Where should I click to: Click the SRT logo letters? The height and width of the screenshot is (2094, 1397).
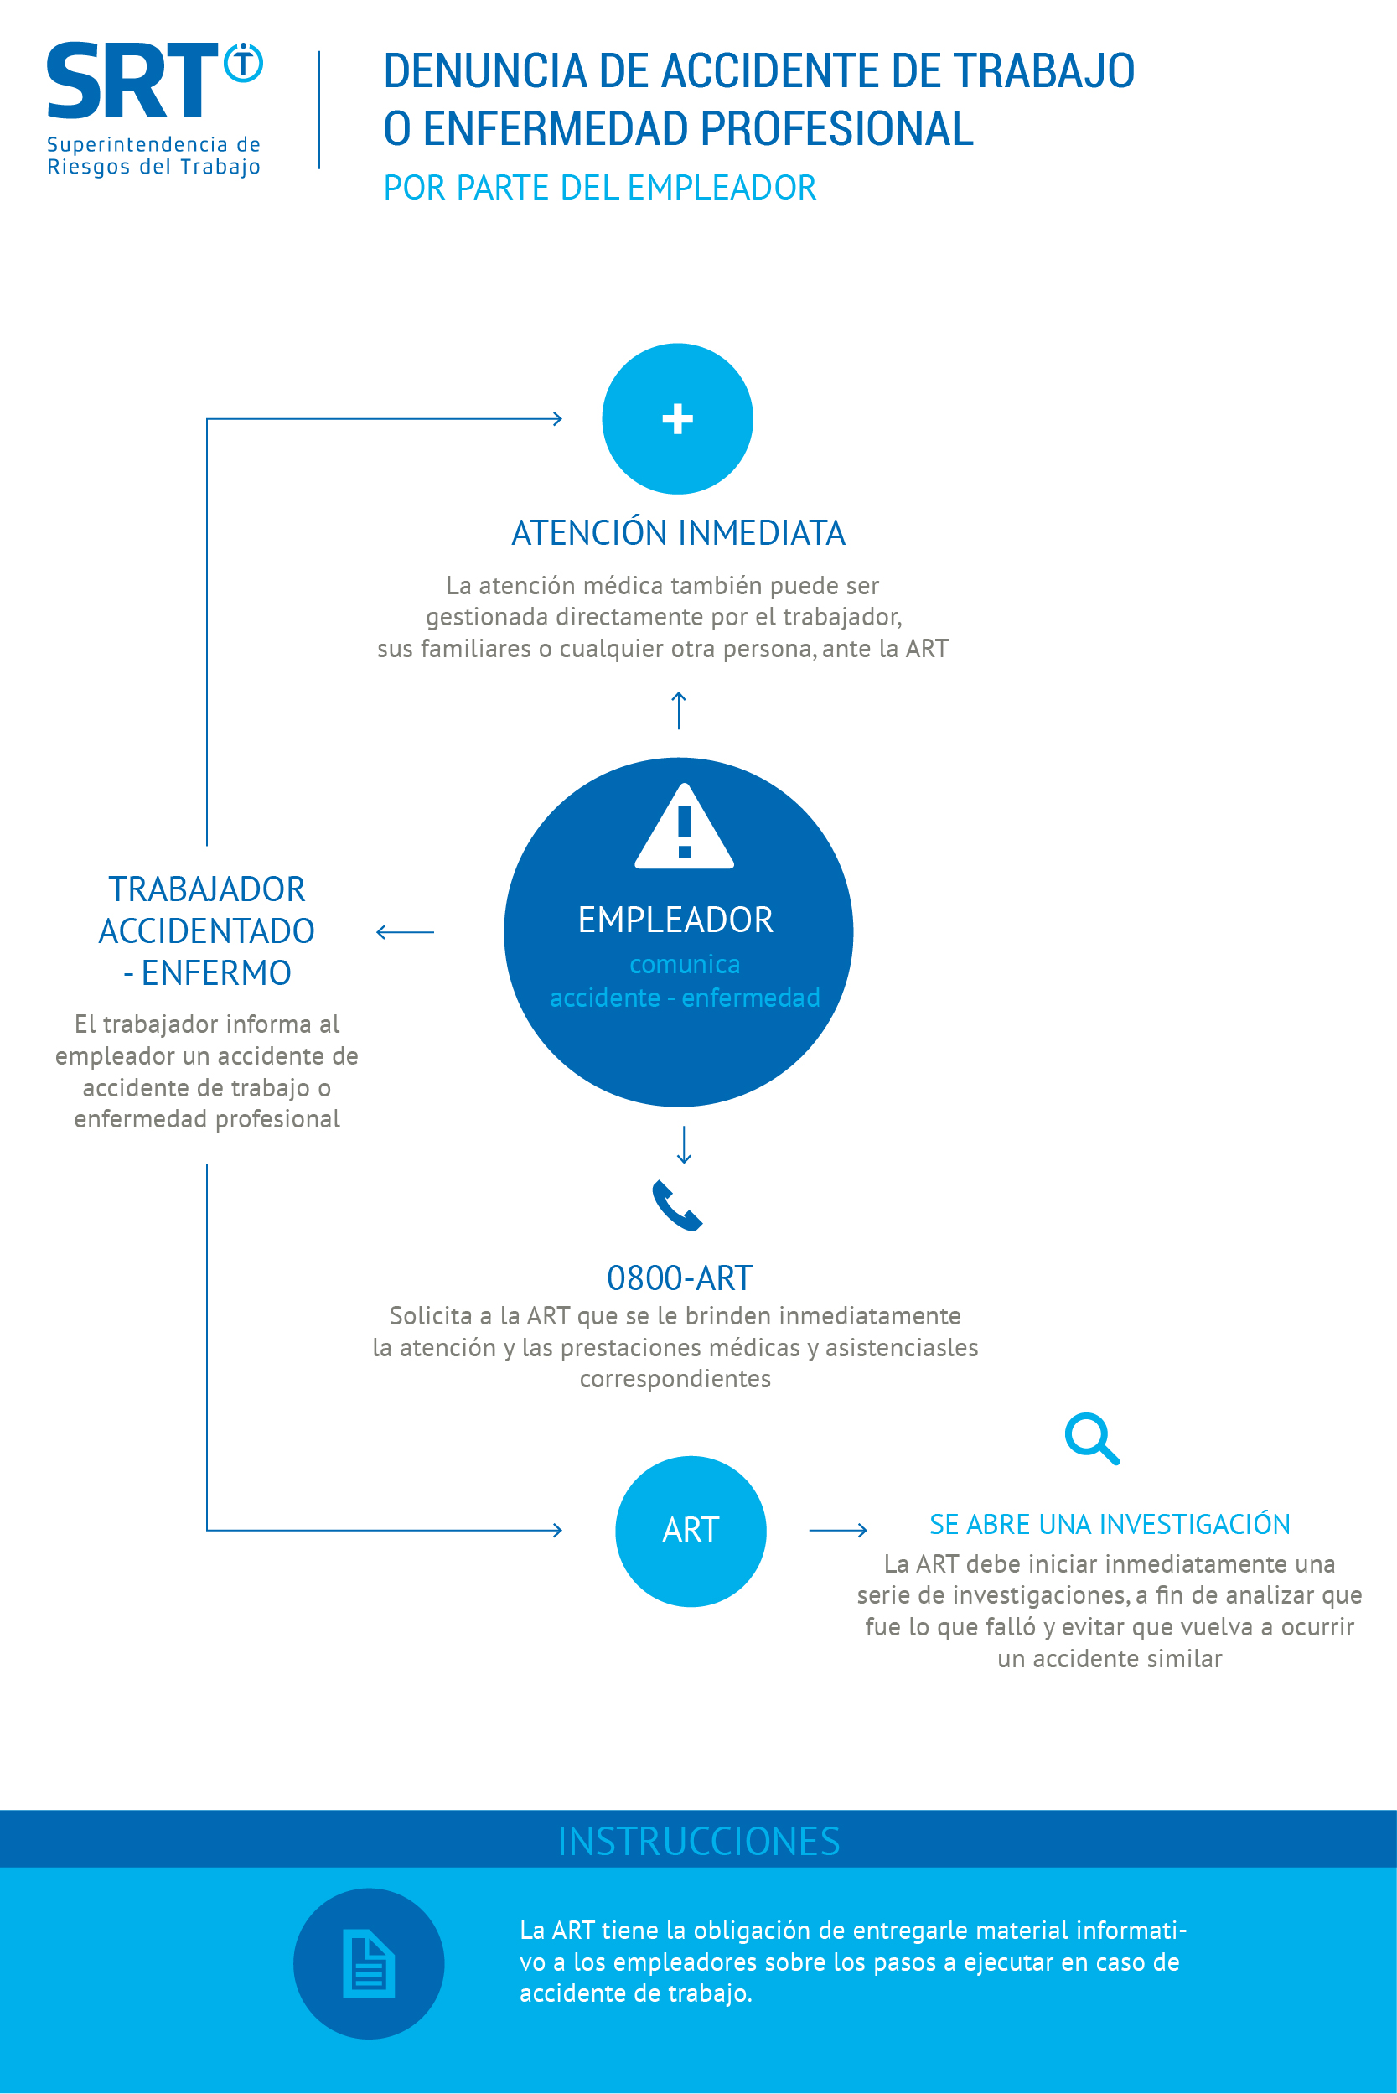pyautogui.click(x=132, y=80)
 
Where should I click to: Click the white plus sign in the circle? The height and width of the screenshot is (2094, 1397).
pyautogui.click(x=678, y=419)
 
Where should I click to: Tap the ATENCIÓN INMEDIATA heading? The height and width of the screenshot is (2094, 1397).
pyautogui.click(x=678, y=533)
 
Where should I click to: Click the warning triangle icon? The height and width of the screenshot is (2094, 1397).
pyautogui.click(x=684, y=826)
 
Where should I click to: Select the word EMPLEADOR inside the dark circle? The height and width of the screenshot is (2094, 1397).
pyautogui.click(x=675, y=920)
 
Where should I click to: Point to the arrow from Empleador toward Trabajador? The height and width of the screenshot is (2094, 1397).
pyautogui.click(x=406, y=932)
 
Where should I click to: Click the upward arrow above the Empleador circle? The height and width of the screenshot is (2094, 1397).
pyautogui.click(x=679, y=710)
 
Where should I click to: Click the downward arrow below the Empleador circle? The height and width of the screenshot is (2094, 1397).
pyautogui.click(x=684, y=1145)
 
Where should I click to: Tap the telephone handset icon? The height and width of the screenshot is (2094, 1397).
pyautogui.click(x=678, y=1205)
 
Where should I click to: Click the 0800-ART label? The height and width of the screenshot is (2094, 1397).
pyautogui.click(x=680, y=1278)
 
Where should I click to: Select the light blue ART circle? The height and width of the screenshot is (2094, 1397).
pyautogui.click(x=691, y=1531)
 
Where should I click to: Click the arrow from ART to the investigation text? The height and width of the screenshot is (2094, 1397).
pyautogui.click(x=838, y=1530)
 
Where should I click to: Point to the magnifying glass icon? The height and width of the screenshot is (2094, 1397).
pyautogui.click(x=1092, y=1438)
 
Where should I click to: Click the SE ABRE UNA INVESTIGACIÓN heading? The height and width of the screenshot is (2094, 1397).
pyautogui.click(x=1110, y=1525)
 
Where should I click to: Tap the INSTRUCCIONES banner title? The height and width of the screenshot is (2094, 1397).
pyautogui.click(x=699, y=1841)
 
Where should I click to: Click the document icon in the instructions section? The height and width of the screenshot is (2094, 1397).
pyautogui.click(x=369, y=1964)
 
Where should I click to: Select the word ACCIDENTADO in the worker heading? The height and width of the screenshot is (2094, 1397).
pyautogui.click(x=207, y=931)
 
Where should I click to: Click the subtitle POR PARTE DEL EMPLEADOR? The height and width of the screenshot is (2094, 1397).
pyautogui.click(x=599, y=188)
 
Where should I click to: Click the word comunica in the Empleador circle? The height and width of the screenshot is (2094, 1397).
pyautogui.click(x=684, y=964)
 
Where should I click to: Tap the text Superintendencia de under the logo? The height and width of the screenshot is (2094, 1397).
pyautogui.click(x=153, y=144)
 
